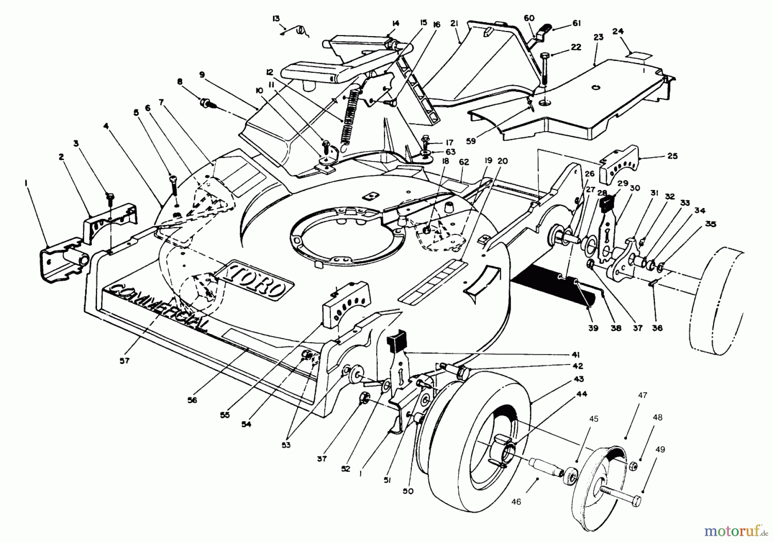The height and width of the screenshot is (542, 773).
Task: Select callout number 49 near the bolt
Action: tap(660, 450)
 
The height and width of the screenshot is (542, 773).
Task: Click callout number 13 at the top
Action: tap(276, 18)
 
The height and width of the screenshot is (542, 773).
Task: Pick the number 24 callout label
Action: tap(630, 31)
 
